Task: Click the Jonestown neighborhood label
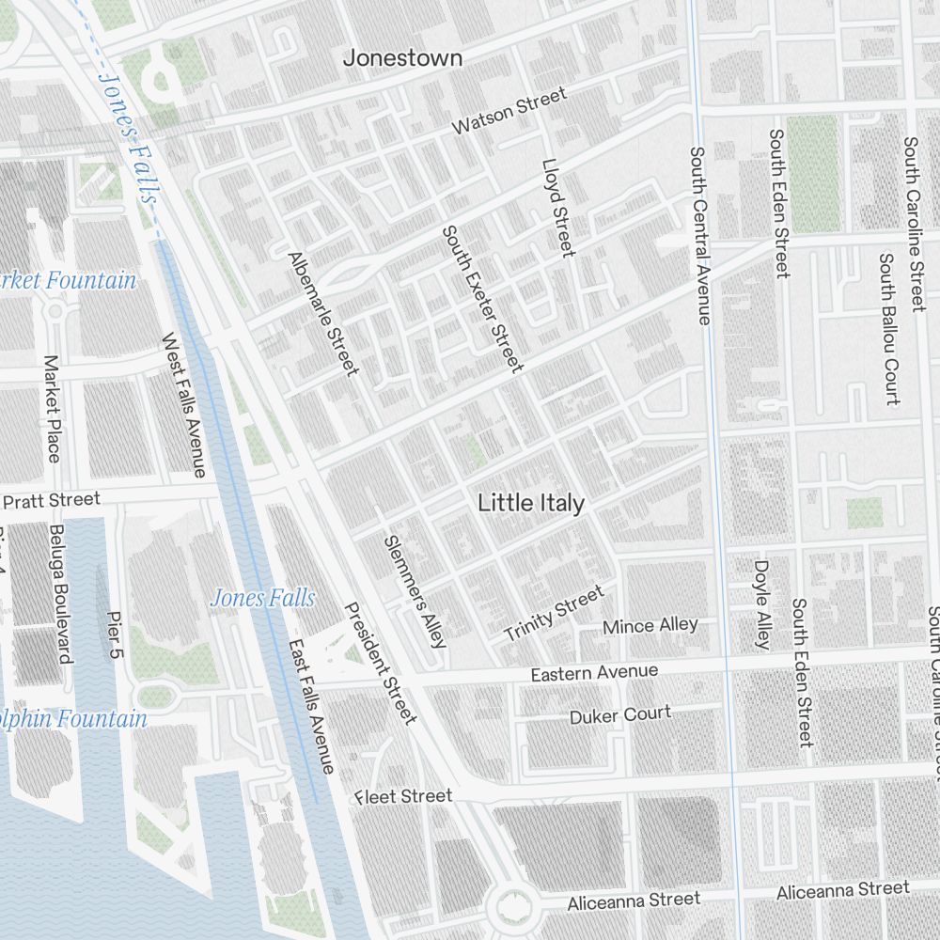tap(402, 58)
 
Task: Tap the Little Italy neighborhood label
tap(531, 503)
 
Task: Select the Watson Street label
tap(509, 110)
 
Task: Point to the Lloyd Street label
tap(557, 207)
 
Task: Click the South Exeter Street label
tap(482, 298)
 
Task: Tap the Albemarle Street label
tap(323, 313)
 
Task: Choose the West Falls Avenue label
tap(183, 404)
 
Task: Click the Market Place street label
tap(52, 408)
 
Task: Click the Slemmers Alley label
tap(415, 592)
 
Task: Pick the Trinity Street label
tap(555, 613)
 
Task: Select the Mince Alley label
tap(650, 626)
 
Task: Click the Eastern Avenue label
tap(594, 673)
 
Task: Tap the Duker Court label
tap(620, 715)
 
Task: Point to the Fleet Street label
tap(403, 797)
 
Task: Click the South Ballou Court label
tap(888, 328)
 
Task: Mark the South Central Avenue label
tap(698, 235)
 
